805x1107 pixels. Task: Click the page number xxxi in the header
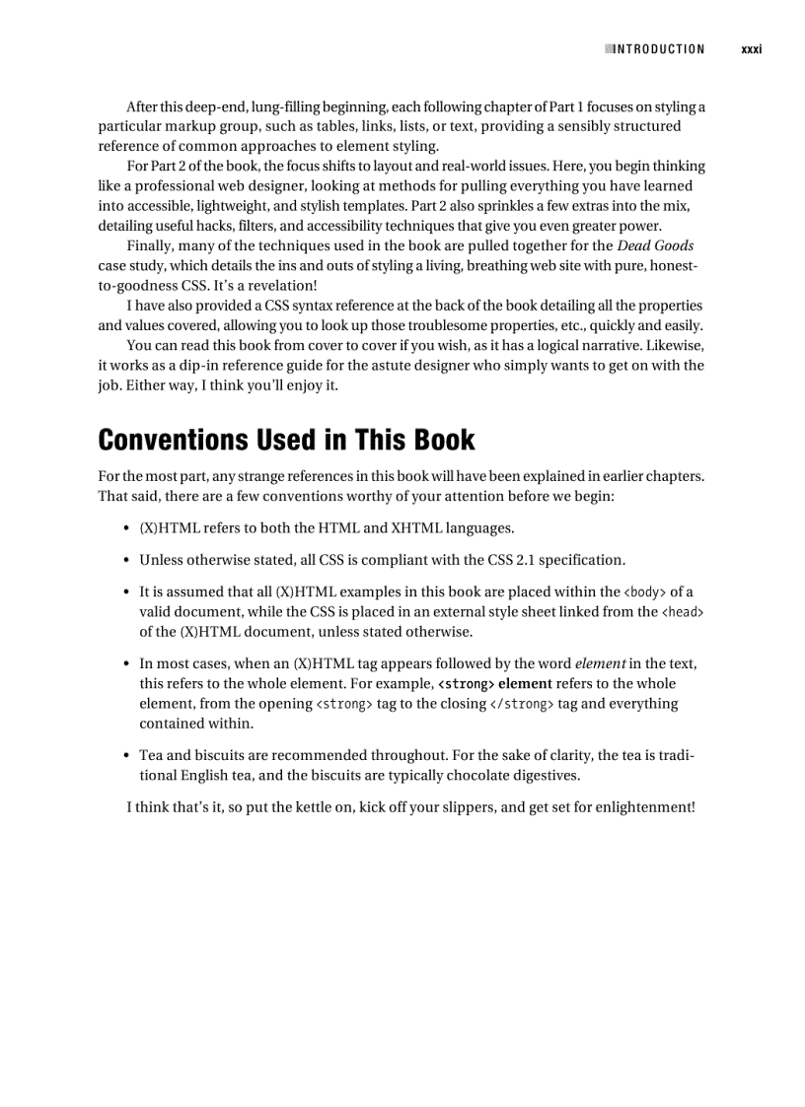[752, 49]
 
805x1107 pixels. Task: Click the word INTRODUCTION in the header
[659, 49]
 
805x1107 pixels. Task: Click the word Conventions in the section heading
[174, 440]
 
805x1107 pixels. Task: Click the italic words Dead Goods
[655, 245]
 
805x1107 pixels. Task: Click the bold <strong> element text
[494, 684]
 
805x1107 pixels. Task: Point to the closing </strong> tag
[522, 704]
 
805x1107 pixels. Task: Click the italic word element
[600, 664]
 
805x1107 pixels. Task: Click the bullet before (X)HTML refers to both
[127, 528]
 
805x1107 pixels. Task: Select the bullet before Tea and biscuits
[127, 756]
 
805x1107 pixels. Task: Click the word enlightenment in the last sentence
[643, 807]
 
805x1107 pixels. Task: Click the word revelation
[280, 286]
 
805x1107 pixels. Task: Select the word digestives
[546, 776]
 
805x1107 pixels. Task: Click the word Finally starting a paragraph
[150, 245]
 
